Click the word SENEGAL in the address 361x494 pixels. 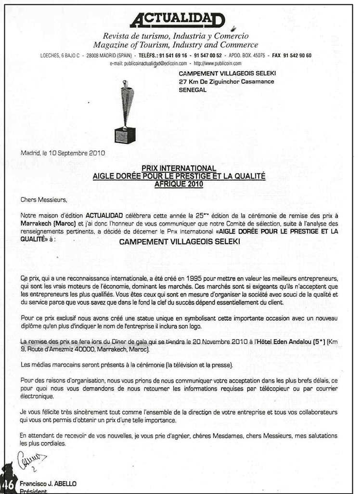[x=193, y=90]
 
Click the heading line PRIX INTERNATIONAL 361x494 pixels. [x=179, y=168]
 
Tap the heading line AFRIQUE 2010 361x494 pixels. [x=179, y=183]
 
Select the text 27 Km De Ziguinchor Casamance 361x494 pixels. [x=226, y=81]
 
